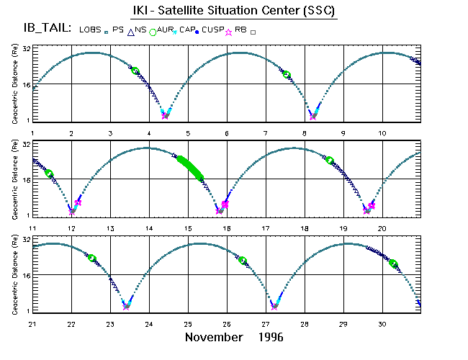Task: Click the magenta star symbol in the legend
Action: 229,32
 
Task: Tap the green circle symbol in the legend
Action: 152,32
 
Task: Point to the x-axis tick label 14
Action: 149,228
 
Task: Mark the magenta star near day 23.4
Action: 127,307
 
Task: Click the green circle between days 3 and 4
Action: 135,71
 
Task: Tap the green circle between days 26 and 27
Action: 243,261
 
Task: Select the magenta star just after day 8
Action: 312,116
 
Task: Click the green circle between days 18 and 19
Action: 330,161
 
